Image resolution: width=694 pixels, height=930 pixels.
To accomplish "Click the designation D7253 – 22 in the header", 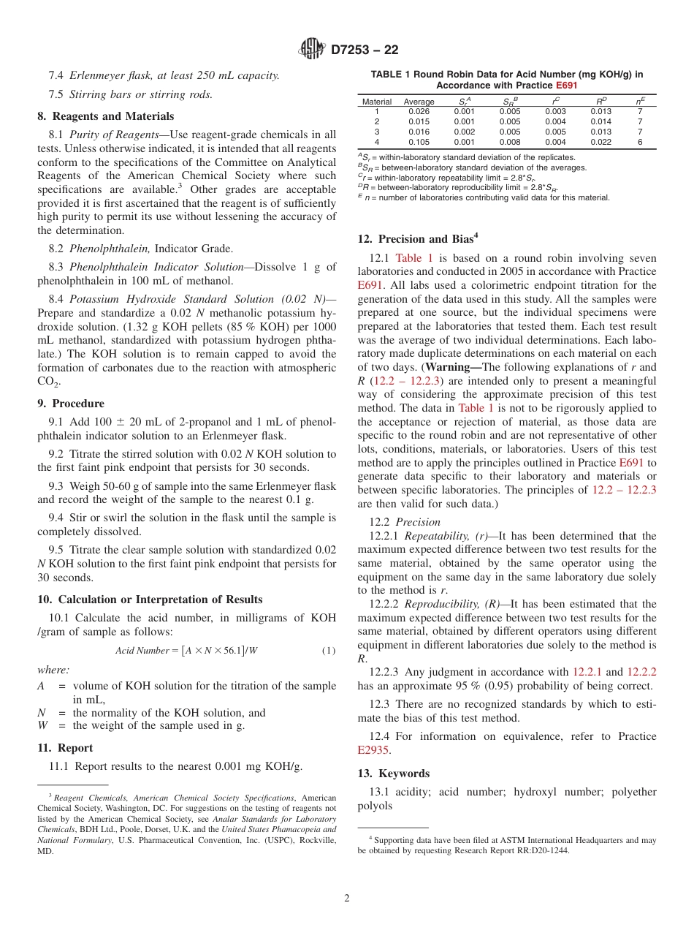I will [365, 50].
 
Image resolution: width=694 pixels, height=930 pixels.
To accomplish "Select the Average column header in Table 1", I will [419, 102].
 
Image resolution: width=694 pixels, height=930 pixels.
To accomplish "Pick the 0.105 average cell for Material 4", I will [419, 142].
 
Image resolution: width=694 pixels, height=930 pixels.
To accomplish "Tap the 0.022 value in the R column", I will [600, 142].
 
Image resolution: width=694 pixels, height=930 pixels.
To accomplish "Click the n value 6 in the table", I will [640, 142].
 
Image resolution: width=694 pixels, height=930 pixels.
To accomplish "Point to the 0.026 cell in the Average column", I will [419, 111].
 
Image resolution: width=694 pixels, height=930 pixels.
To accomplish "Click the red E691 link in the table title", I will [567, 85].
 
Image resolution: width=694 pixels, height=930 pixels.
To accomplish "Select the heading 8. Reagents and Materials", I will [105, 116].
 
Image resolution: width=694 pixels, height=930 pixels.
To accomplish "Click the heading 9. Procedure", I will [71, 404].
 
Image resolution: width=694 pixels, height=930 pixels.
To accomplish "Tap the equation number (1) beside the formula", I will [329, 651].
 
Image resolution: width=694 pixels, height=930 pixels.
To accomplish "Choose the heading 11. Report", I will [65, 748].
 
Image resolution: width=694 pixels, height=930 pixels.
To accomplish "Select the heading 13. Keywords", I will [393, 774].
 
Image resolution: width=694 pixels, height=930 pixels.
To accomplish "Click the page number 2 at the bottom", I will [347, 899].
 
